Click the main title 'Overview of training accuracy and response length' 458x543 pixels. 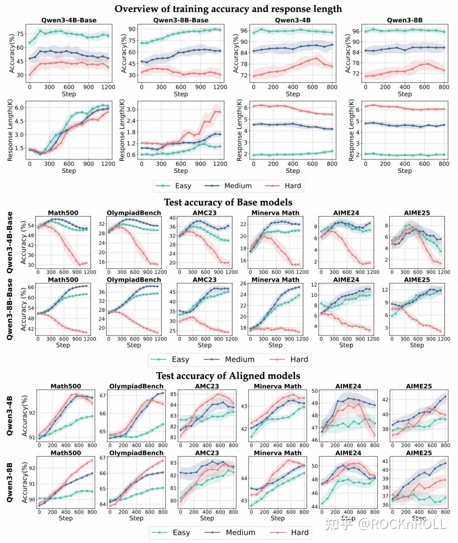228,9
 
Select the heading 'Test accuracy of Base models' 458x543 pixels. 228,202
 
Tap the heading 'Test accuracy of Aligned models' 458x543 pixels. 228,376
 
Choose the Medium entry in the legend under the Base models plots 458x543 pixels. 240,359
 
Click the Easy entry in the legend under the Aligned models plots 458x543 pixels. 181,532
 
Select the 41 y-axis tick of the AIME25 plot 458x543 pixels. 384,461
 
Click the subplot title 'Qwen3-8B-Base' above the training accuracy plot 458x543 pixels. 181,20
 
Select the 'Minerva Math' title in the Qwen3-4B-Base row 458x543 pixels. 275,213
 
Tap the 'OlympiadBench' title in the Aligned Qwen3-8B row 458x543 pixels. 137,453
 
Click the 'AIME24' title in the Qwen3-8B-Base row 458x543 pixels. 346,280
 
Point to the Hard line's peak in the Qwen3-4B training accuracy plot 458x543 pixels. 316,58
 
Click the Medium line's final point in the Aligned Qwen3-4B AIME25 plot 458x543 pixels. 445,397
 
